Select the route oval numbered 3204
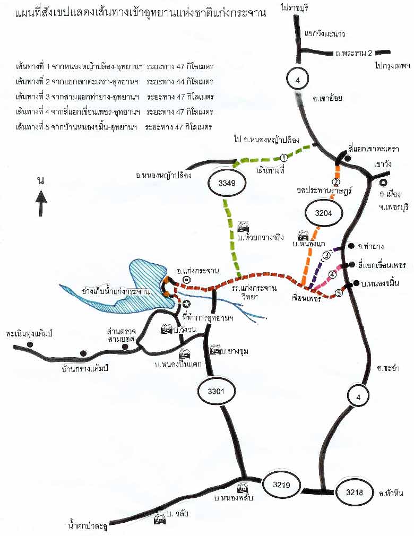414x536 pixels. click(324, 213)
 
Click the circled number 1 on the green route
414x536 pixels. click(284, 158)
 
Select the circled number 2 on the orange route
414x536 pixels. click(336, 181)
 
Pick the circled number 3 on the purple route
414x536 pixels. click(326, 255)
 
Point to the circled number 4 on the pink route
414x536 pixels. click(333, 274)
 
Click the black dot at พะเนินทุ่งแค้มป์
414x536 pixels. click(30, 344)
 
